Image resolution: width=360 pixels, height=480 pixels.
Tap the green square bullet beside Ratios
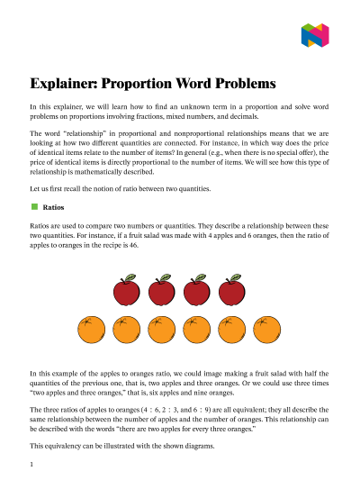tap(33, 206)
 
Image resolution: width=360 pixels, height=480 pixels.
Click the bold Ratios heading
tap(53, 206)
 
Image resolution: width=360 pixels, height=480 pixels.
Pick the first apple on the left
tap(125, 291)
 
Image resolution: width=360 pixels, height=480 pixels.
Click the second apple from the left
tap(161, 291)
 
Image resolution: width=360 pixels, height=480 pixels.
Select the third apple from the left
tap(197, 291)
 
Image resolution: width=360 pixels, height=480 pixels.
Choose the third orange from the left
tap(161, 331)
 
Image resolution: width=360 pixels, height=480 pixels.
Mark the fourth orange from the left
tap(197, 331)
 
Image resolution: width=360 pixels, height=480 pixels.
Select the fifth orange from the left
tap(232, 331)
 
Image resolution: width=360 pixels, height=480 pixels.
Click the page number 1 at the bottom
tap(31, 465)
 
